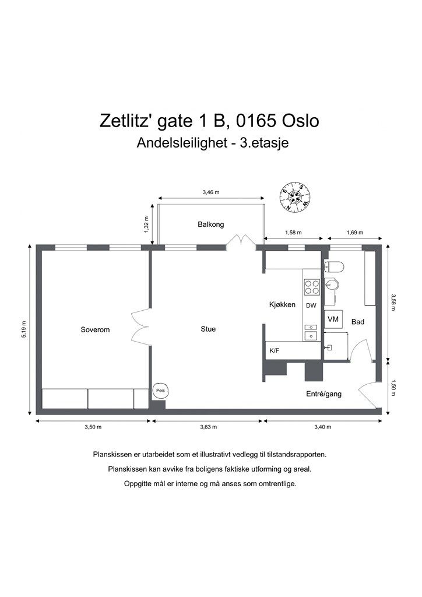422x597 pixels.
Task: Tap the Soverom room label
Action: (95, 330)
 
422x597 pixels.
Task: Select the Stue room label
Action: (208, 329)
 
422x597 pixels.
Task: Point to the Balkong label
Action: (211, 224)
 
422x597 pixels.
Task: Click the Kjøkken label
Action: (282, 304)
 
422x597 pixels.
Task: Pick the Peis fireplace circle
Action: (160, 391)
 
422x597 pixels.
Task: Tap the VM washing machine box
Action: (333, 319)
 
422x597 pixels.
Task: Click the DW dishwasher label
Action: (311, 305)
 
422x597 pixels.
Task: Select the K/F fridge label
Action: (275, 350)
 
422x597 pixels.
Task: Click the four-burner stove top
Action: (312, 287)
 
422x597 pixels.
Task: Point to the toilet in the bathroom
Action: (334, 267)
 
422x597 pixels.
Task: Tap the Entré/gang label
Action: (324, 394)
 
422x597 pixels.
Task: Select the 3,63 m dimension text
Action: (208, 427)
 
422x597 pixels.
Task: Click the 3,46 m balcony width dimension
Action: (211, 192)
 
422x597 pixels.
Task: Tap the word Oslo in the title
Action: (300, 121)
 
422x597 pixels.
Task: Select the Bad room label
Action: (358, 322)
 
